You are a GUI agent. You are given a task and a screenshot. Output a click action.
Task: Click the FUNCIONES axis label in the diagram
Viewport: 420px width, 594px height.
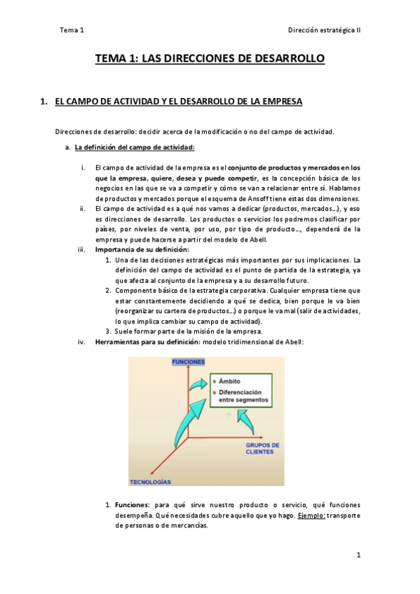(x=189, y=361)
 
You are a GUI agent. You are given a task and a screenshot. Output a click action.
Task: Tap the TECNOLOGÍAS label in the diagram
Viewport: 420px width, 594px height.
(x=150, y=483)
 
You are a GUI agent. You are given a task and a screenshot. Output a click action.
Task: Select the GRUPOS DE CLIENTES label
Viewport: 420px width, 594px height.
(x=263, y=448)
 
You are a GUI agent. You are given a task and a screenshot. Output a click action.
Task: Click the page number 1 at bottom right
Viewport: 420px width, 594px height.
(x=358, y=555)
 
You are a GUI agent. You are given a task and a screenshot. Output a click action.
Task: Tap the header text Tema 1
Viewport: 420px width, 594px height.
(x=72, y=30)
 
